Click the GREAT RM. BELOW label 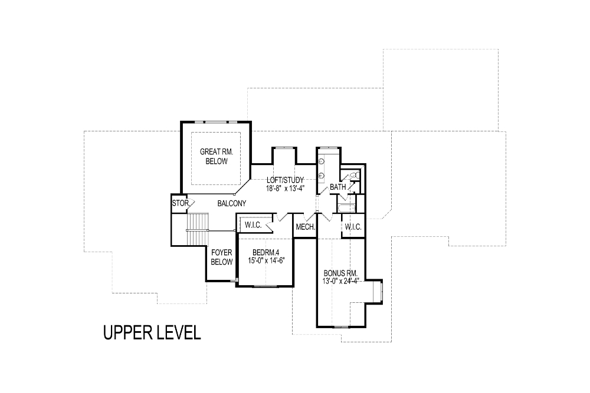click(x=217, y=156)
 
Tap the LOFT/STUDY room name click(x=285, y=180)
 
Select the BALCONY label click(x=232, y=203)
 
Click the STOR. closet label click(x=181, y=203)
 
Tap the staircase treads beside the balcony click(x=197, y=229)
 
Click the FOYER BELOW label click(x=222, y=257)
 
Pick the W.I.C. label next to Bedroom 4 click(x=253, y=225)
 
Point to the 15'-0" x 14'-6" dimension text click(x=265, y=260)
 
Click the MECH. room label click(x=306, y=227)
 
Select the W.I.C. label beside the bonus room click(x=353, y=227)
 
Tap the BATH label click(x=338, y=187)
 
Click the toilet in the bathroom click(x=355, y=175)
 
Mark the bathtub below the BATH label click(x=346, y=208)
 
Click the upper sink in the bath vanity click(x=322, y=161)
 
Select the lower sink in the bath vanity click(x=322, y=175)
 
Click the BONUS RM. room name click(x=340, y=273)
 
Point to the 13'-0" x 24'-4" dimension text click(x=341, y=280)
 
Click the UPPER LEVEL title click(x=152, y=332)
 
